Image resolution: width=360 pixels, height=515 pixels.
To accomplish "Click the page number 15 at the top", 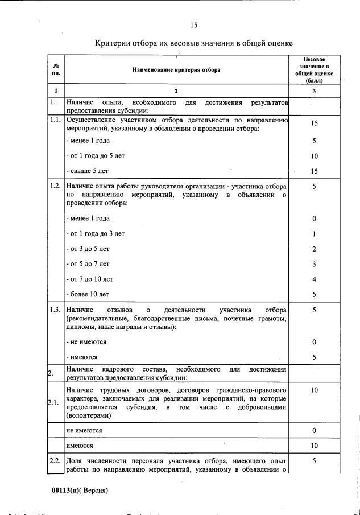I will [x=194, y=25].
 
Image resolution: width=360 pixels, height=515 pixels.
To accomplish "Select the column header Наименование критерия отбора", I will [x=176, y=70].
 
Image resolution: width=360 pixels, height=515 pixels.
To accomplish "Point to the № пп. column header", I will [x=56, y=70].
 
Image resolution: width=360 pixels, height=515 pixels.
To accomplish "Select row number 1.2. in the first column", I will [x=56, y=186].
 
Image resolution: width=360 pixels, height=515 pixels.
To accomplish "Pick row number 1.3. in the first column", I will [x=56, y=310].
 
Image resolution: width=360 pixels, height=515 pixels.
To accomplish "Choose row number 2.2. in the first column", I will [x=56, y=460].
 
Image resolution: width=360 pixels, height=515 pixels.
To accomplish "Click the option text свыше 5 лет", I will [x=88, y=171].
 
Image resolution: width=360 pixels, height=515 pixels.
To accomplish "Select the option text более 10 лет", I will [x=89, y=294].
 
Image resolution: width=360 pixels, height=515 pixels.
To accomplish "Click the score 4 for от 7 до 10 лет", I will [x=314, y=279].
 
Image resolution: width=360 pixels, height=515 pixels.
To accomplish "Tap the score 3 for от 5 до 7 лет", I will [x=314, y=264].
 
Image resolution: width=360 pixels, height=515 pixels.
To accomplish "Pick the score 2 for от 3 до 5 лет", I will [x=314, y=249].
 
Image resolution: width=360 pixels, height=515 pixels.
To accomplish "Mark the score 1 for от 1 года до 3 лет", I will [x=314, y=233].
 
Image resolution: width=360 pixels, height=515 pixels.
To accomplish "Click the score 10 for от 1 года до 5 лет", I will [x=314, y=155].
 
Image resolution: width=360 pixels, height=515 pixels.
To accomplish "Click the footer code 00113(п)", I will [x=68, y=490].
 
